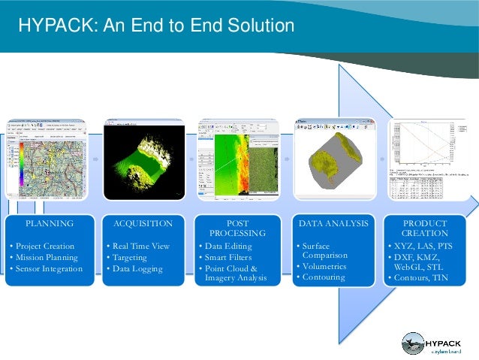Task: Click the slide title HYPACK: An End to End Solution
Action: (155, 26)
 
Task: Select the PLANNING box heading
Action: (50, 223)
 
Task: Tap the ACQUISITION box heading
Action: (143, 223)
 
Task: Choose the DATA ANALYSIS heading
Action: (333, 223)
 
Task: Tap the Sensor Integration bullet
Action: (50, 268)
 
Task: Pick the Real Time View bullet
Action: (140, 246)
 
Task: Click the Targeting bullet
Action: (130, 257)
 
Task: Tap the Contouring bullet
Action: (324, 277)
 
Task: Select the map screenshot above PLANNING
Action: (50, 159)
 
